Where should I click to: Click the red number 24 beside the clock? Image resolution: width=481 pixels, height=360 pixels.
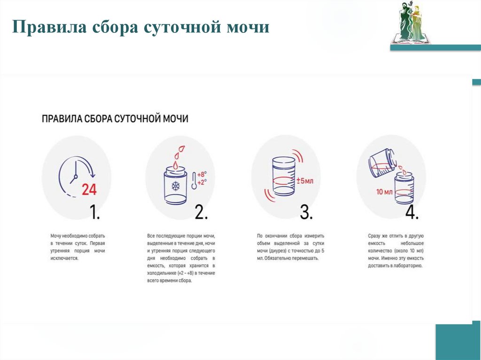tap(89, 189)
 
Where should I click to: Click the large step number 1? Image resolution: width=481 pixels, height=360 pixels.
tap(95, 213)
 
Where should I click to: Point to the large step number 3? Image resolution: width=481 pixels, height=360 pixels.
tap(306, 213)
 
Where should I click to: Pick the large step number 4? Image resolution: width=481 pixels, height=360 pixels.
tap(411, 213)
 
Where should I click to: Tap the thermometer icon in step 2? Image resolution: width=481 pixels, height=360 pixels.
tap(194, 180)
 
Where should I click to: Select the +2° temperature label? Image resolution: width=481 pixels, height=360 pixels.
tap(202, 182)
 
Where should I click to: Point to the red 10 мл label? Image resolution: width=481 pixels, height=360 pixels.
tap(384, 192)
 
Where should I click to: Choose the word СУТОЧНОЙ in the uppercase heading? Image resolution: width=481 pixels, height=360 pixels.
tap(136, 118)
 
